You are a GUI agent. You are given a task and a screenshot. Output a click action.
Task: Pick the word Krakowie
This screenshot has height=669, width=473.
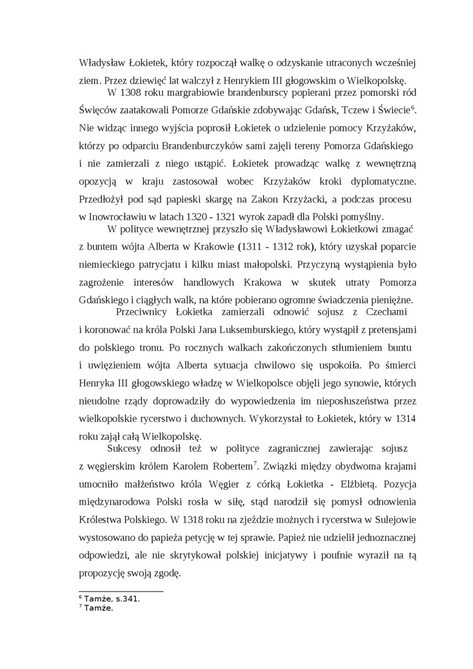point(213,247)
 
